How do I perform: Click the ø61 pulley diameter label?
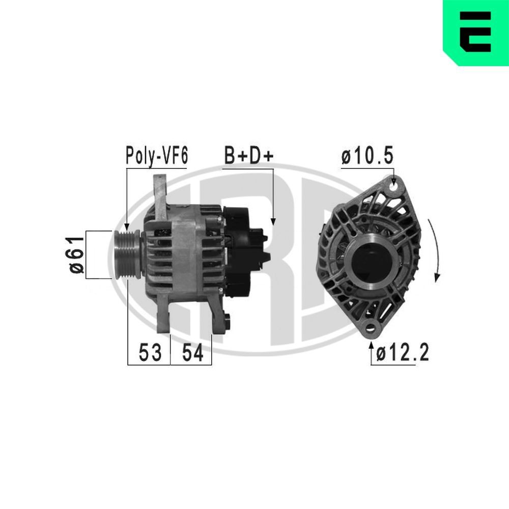click(76, 254)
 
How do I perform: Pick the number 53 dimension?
click(150, 352)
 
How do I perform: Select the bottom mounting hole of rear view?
click(371, 328)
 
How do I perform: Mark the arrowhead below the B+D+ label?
click(273, 221)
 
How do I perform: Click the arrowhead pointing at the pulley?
click(127, 226)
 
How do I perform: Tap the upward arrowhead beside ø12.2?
click(371, 347)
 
